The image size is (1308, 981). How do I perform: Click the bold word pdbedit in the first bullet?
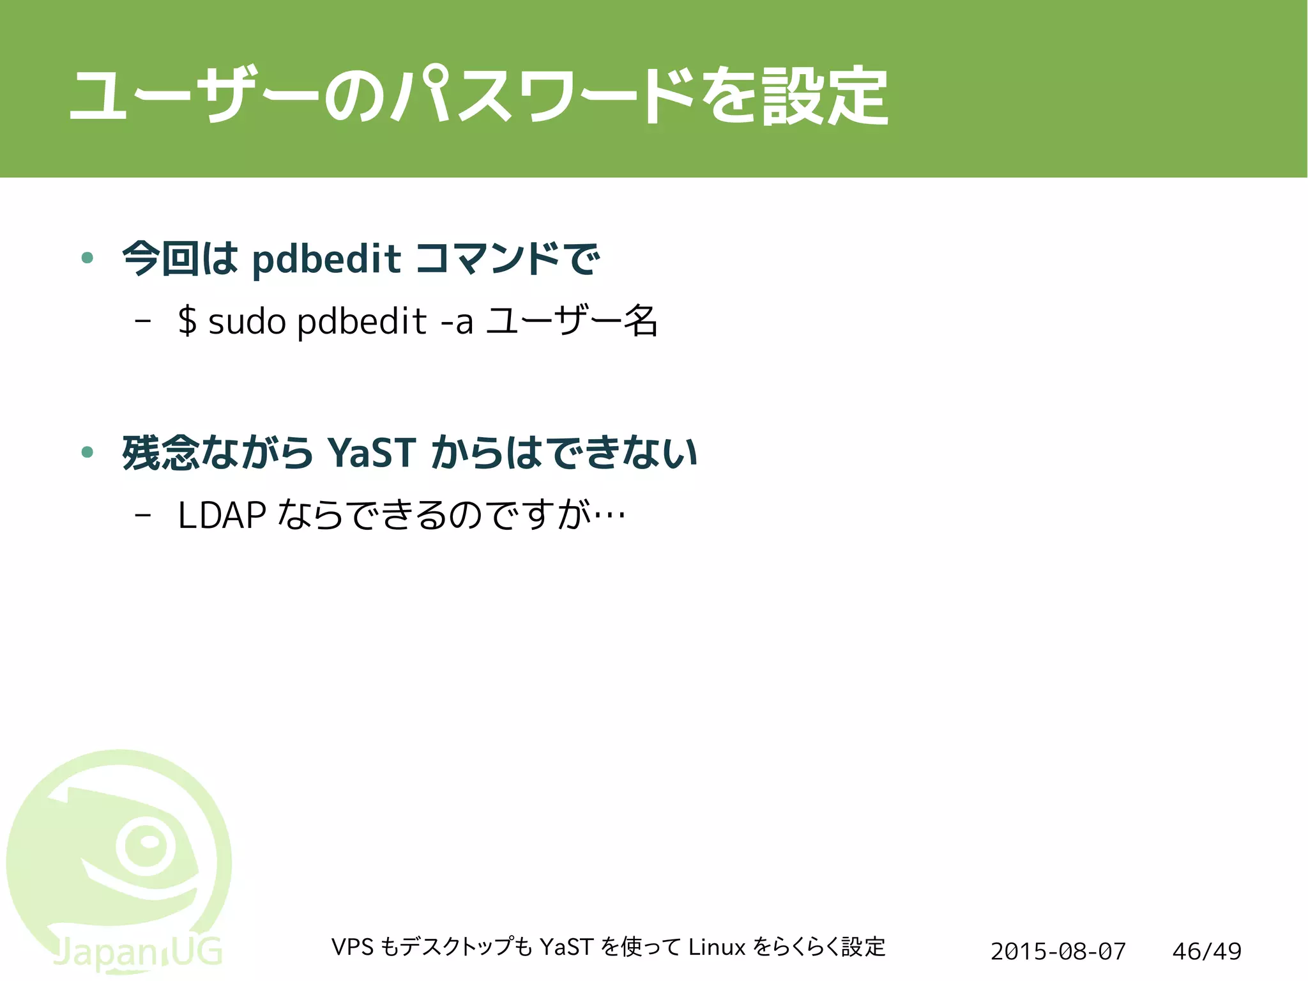click(326, 259)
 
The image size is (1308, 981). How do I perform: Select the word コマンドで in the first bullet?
click(508, 259)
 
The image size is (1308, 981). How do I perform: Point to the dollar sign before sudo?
click(186, 321)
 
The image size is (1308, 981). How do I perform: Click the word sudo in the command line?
click(247, 321)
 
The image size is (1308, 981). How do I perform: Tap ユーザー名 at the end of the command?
click(572, 321)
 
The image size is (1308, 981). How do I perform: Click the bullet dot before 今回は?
click(88, 258)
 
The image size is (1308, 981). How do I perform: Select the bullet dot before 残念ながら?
click(88, 452)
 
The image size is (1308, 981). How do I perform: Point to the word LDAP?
click(222, 515)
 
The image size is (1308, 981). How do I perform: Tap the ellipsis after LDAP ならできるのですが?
click(609, 515)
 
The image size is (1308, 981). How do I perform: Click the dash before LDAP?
click(143, 515)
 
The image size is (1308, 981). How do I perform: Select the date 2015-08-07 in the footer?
click(1058, 952)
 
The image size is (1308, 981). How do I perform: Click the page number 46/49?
click(1206, 952)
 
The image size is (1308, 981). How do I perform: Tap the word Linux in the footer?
click(717, 947)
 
